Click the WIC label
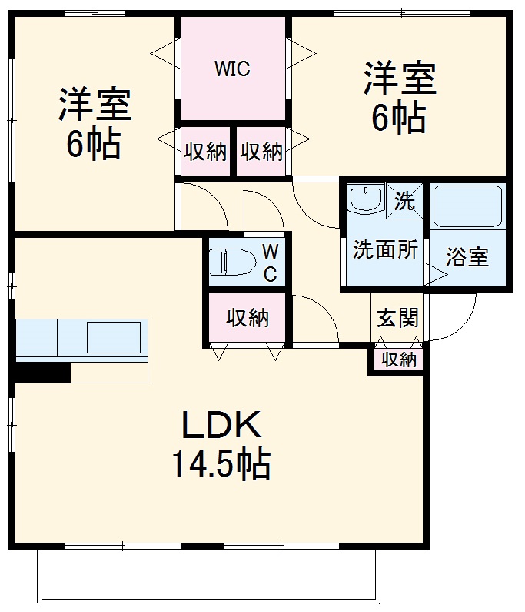click(232, 69)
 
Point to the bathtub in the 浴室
click(467, 205)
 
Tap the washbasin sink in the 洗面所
click(364, 200)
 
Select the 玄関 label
click(397, 317)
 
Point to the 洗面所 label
click(385, 249)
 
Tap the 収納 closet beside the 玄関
click(399, 360)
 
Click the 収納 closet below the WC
click(248, 317)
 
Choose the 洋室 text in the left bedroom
click(95, 105)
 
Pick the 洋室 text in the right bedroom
click(400, 79)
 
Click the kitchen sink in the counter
click(114, 337)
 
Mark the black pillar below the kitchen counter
click(43, 372)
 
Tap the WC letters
click(271, 263)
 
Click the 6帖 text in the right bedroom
click(400, 118)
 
